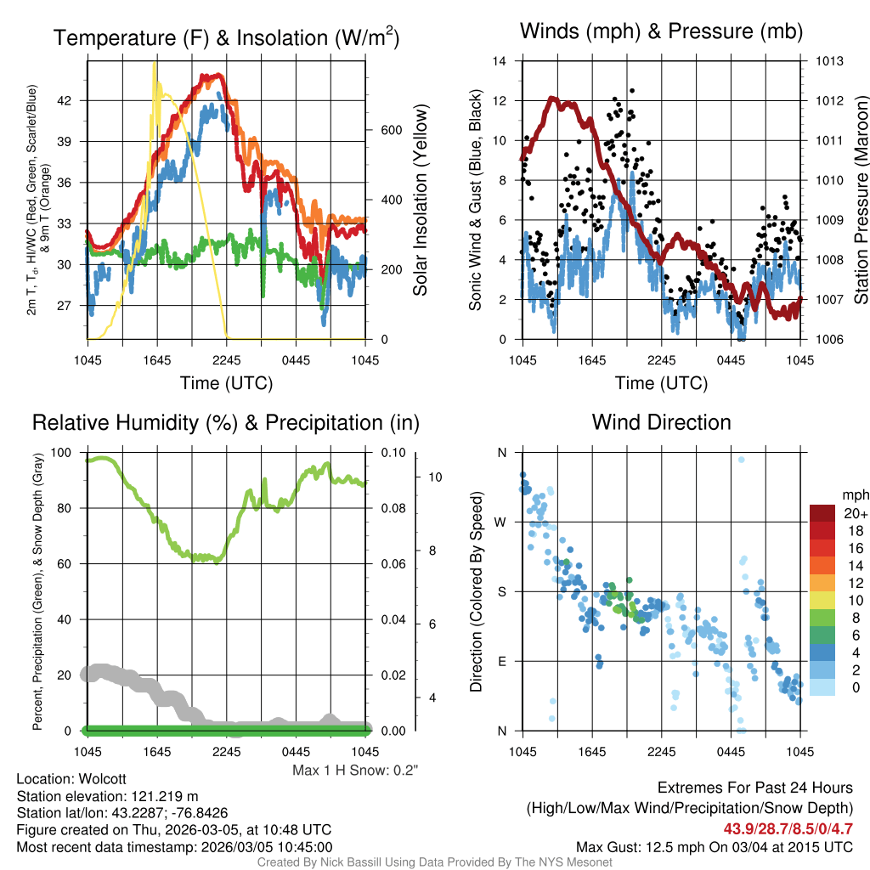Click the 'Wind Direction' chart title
pos(661,422)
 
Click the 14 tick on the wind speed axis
pos(500,61)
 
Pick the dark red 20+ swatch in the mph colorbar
pos(823,513)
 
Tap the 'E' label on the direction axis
pos(502,661)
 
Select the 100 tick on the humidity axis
pos(64,453)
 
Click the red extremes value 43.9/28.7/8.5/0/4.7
pos(788,829)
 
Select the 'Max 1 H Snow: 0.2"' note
pos(355,771)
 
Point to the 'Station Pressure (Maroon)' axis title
pos(860,201)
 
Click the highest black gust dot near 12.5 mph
pos(632,90)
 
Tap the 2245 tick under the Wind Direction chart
pos(661,751)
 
